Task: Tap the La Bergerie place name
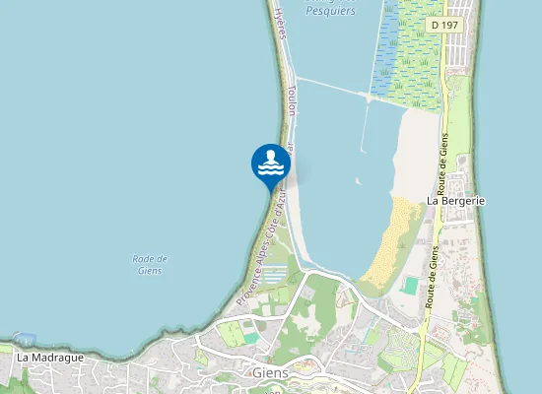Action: tap(457, 200)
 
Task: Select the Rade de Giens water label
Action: tap(150, 264)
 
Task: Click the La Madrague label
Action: tap(49, 357)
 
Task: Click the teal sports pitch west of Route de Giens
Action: tap(410, 285)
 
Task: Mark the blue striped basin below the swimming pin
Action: tap(277, 273)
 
